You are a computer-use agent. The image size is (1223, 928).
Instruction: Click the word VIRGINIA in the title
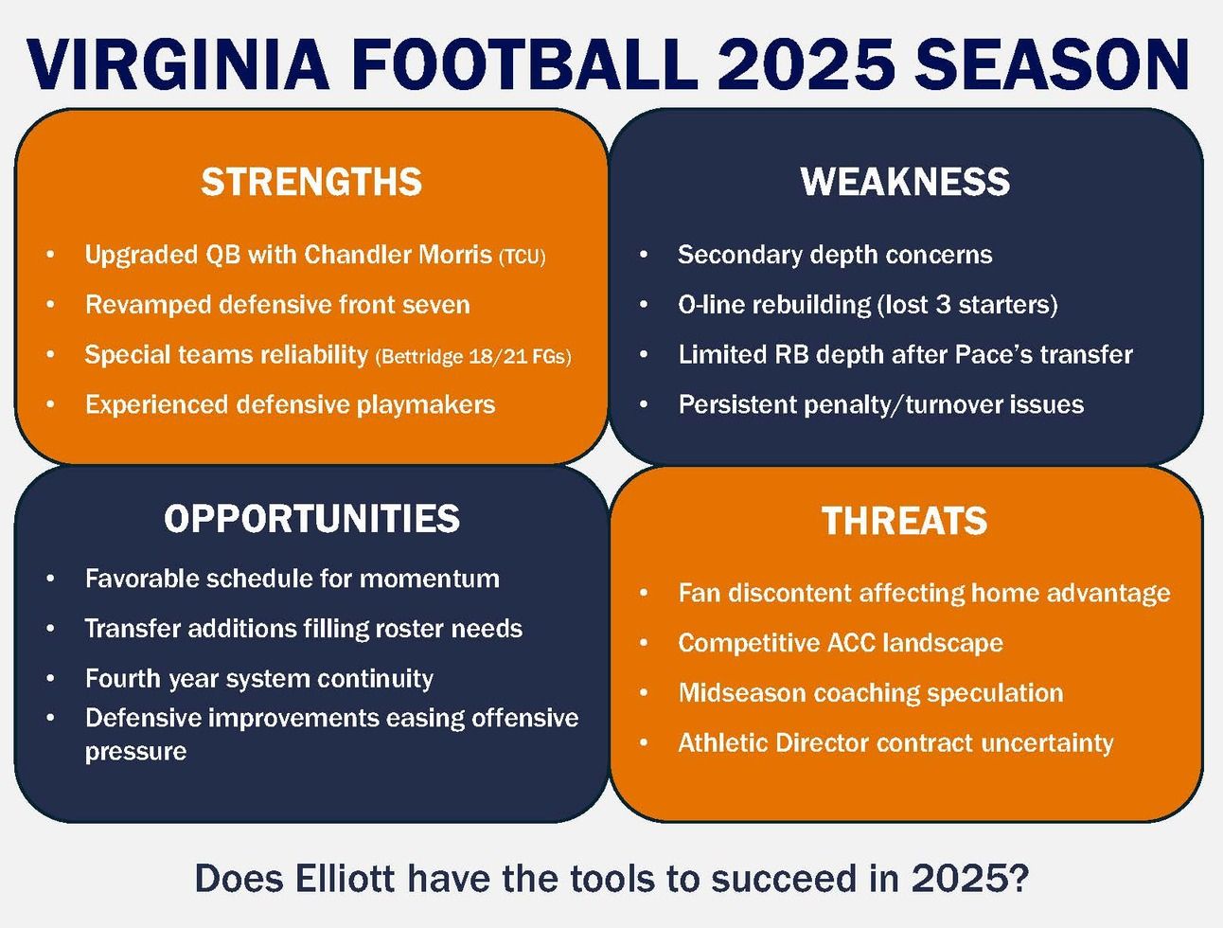point(178,64)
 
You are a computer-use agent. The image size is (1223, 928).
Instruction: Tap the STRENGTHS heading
point(311,182)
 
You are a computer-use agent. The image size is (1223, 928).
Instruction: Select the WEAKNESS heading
point(905,182)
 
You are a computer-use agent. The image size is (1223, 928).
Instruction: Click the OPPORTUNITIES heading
point(312,518)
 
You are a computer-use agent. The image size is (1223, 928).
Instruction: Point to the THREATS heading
point(904,521)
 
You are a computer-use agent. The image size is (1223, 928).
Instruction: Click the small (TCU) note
point(523,257)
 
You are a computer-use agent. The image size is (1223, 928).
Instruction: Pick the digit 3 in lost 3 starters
point(943,305)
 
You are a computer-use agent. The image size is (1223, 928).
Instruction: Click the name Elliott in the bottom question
point(345,879)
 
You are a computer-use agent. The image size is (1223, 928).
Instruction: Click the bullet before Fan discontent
point(644,593)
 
